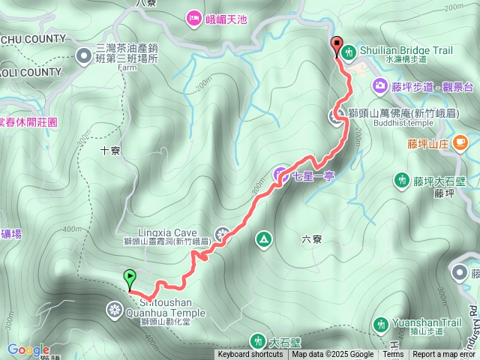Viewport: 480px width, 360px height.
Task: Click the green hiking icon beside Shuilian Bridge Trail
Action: (x=349, y=52)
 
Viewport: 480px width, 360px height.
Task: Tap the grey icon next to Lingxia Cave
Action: (x=221, y=234)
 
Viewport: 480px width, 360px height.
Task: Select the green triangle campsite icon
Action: (x=264, y=239)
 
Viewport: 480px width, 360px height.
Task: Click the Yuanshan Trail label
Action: (x=429, y=323)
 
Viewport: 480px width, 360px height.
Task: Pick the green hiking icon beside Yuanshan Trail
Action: (x=381, y=324)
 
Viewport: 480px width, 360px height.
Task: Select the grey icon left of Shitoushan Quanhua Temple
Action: (x=114, y=307)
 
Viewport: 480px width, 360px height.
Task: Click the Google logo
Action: (x=28, y=350)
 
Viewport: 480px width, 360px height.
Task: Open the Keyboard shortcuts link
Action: (x=250, y=355)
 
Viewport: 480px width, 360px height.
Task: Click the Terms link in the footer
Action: (x=393, y=355)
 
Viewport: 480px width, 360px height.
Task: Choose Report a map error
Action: (x=444, y=355)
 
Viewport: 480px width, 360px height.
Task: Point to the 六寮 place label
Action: (x=312, y=239)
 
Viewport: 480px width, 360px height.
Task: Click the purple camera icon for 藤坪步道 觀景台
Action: (x=380, y=85)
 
